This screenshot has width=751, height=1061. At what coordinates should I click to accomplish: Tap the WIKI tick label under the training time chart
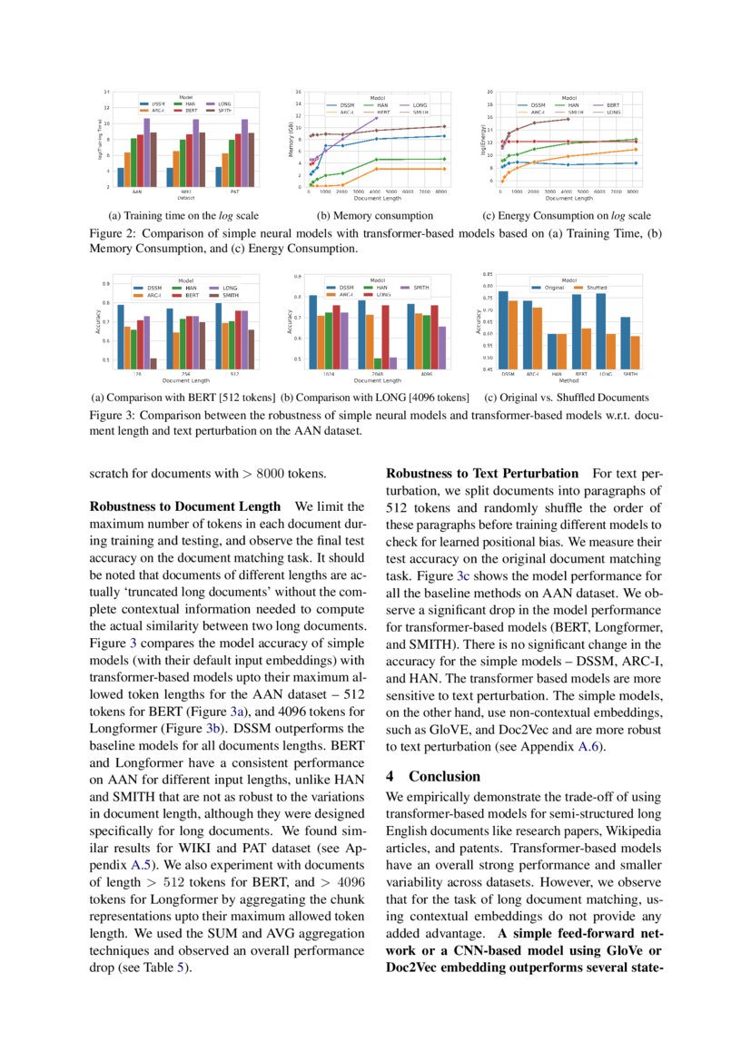pyautogui.click(x=186, y=192)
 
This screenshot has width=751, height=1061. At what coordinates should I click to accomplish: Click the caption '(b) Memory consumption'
pyautogui.click(x=374, y=216)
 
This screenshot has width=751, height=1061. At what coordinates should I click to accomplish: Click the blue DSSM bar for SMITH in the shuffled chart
pyautogui.click(x=626, y=343)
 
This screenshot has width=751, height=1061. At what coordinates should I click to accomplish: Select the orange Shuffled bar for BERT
pyautogui.click(x=586, y=349)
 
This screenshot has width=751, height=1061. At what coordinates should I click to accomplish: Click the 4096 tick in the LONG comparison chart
pyautogui.click(x=426, y=373)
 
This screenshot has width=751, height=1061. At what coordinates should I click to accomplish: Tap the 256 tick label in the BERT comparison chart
pyautogui.click(x=185, y=373)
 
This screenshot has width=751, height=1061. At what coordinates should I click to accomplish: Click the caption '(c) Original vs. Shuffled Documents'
pyautogui.click(x=566, y=398)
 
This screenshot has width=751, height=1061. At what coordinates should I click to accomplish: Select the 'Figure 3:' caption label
pyautogui.click(x=113, y=415)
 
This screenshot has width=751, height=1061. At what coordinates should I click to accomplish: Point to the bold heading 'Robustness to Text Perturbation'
pyautogui.click(x=482, y=474)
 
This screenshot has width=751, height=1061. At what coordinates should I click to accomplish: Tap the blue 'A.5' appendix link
pyautogui.click(x=142, y=865)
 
